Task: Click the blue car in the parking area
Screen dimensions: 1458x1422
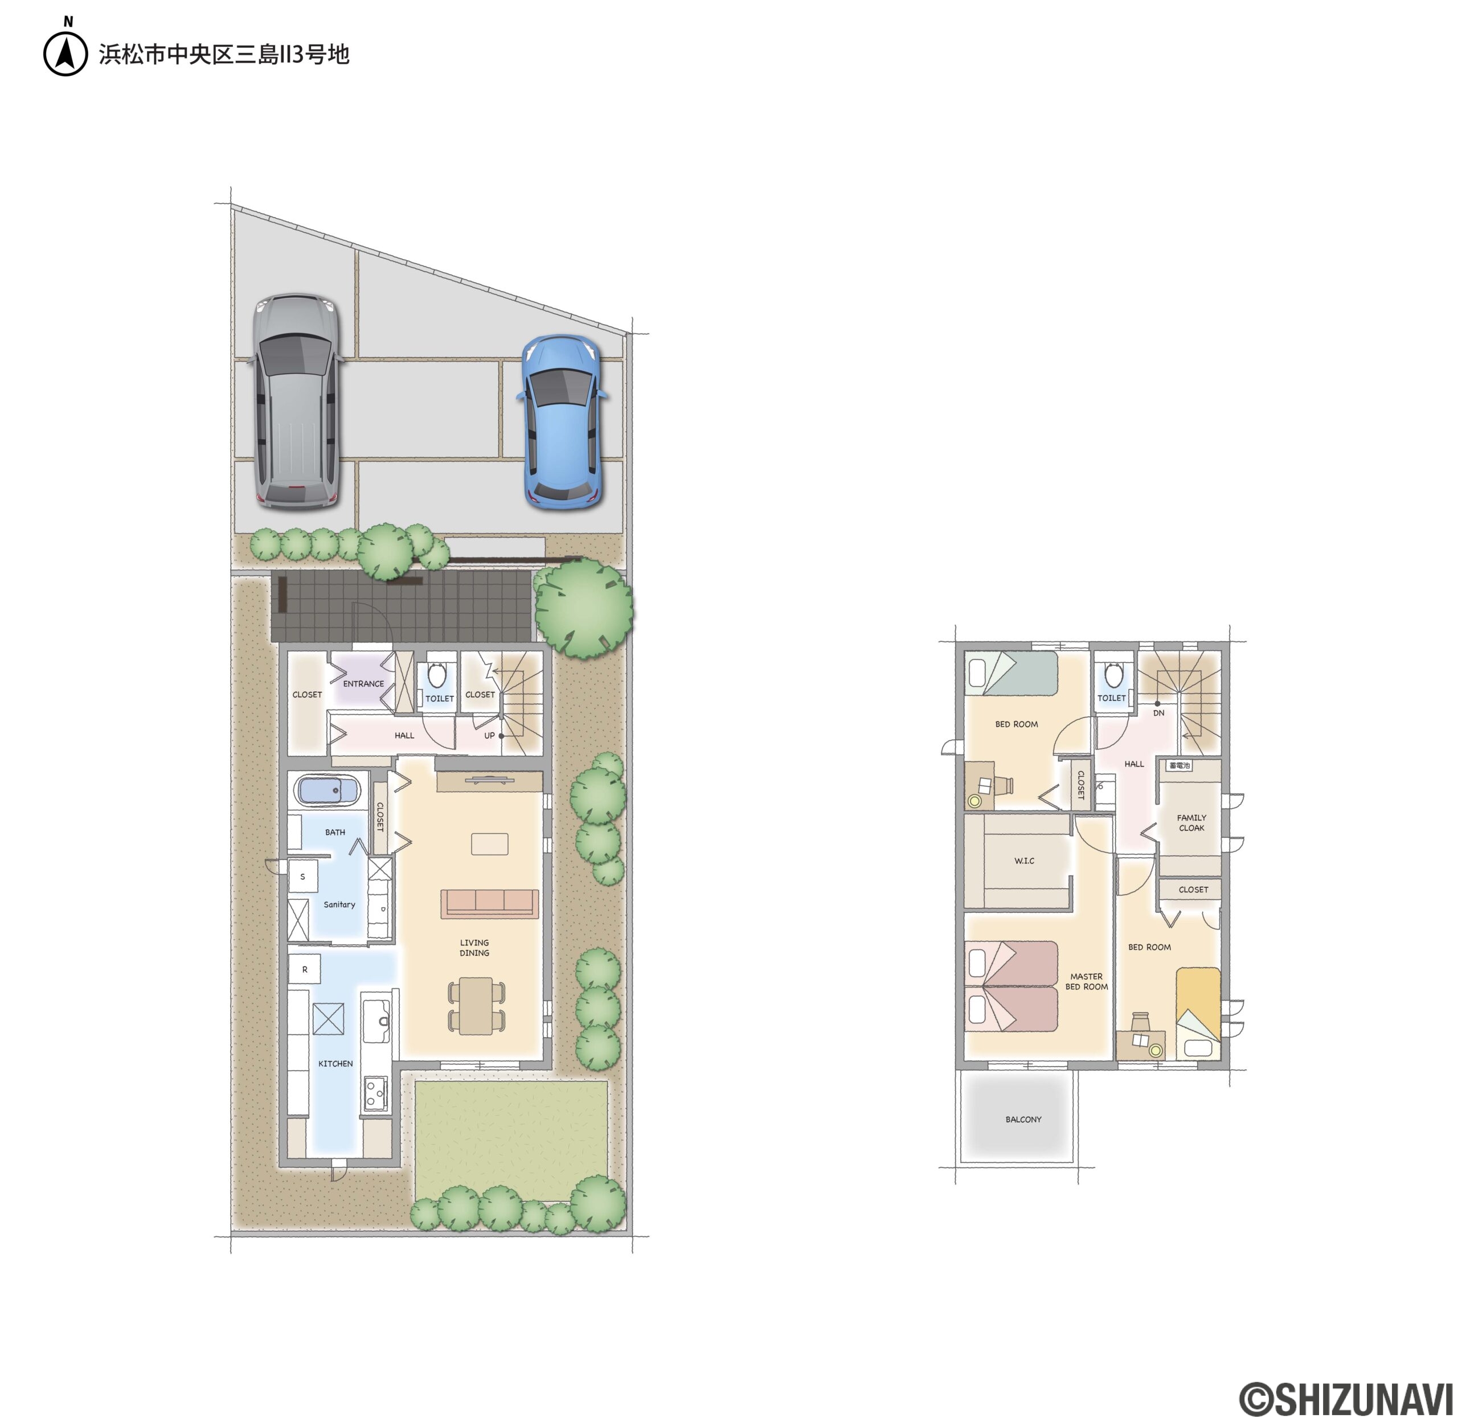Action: tap(562, 423)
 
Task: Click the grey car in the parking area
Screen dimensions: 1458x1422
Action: tap(297, 401)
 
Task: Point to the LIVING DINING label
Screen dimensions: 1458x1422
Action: tap(474, 948)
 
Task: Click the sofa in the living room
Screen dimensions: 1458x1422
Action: tap(489, 904)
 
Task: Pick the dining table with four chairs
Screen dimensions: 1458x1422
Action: tap(476, 1006)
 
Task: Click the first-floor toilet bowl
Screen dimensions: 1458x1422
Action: tap(437, 675)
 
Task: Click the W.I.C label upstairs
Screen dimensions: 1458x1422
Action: tap(1024, 860)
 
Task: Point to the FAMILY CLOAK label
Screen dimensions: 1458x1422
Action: tap(1191, 822)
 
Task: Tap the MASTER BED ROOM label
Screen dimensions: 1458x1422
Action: tap(1086, 981)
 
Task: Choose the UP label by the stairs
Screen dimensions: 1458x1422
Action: tap(489, 736)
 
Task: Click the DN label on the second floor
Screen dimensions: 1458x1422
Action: tap(1158, 713)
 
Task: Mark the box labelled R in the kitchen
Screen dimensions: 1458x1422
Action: tap(305, 969)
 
